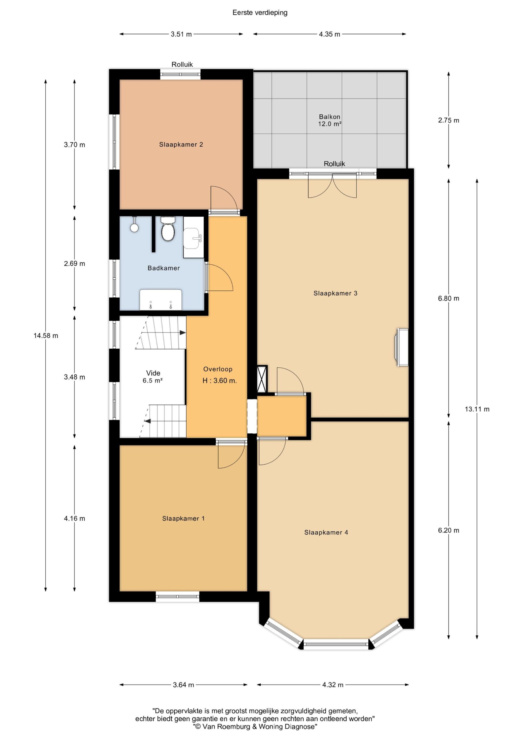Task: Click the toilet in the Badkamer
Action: pos(168,229)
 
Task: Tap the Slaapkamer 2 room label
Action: pos(181,145)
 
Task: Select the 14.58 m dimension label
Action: pos(46,336)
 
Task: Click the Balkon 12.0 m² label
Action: pos(330,120)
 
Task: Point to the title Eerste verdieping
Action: pos(260,12)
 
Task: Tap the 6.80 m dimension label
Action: pos(448,298)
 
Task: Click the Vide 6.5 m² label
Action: pos(153,376)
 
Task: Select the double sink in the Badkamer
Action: pos(160,300)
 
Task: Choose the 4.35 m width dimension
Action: pos(329,34)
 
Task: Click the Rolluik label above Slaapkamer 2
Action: pos(182,64)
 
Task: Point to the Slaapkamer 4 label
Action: pos(326,532)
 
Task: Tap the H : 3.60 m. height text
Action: pos(219,381)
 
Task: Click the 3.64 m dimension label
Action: pos(183,685)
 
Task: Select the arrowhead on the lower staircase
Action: pos(147,421)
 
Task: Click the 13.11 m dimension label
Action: pos(477,409)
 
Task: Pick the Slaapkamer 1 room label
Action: pos(183,519)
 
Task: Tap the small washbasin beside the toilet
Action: pos(194,237)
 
